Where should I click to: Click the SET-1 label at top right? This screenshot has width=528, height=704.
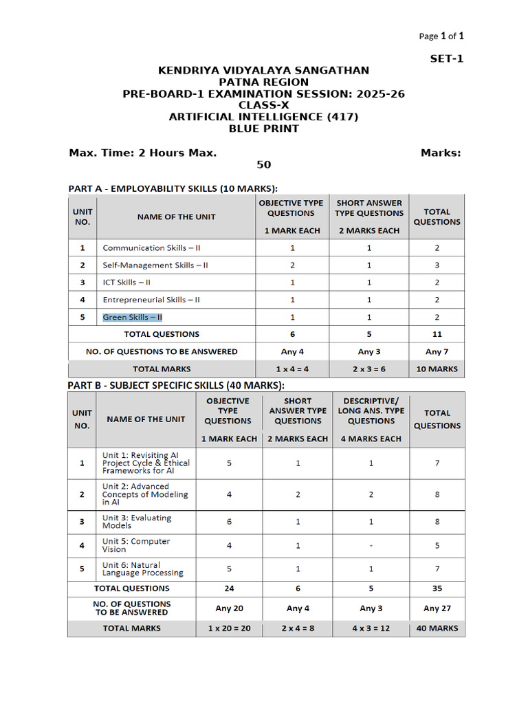coord(447,58)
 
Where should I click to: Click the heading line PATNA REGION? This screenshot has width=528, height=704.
coord(263,82)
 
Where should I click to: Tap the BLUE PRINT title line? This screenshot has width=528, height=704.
coord(263,129)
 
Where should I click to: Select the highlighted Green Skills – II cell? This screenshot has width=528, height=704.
coord(133,317)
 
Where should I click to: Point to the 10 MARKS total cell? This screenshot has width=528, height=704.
coord(437,368)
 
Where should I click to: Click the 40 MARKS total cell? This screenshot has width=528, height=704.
coord(437,628)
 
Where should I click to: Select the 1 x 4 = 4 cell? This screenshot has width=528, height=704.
coord(292,368)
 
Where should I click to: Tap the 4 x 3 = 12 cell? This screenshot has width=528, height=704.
coord(371,628)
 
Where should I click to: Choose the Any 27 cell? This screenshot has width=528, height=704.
coord(437,608)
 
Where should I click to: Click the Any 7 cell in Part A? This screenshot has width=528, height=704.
coord(437,351)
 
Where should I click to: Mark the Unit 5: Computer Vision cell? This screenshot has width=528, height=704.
coord(136,545)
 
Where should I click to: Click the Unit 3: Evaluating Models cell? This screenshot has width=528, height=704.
coord(137,522)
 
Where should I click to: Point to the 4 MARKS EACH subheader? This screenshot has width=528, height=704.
coord(371,439)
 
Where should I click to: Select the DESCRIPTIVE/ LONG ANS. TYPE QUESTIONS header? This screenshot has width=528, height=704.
coord(371,410)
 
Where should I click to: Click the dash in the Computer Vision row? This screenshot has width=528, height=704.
coord(371,545)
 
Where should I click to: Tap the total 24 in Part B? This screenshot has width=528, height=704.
coord(229,588)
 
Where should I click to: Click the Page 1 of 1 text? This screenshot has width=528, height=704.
coord(445,36)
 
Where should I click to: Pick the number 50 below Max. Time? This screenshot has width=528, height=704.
coord(263,165)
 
